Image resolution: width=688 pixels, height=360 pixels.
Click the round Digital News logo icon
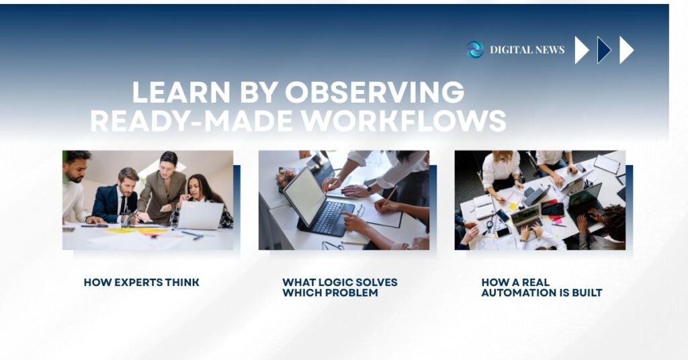[475, 49]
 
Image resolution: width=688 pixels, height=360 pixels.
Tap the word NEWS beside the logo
[550, 50]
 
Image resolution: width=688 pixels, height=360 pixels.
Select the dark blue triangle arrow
[603, 50]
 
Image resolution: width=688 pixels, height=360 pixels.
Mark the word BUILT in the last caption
[587, 293]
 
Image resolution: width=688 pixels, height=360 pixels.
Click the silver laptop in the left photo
[200, 216]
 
